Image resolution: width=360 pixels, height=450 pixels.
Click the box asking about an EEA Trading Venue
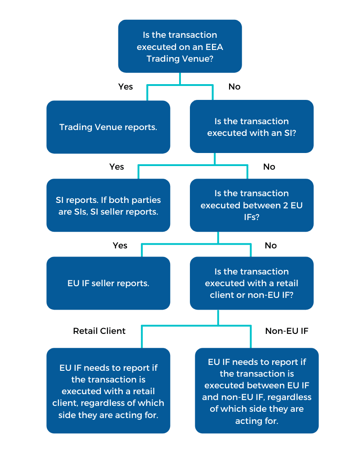[x=180, y=46]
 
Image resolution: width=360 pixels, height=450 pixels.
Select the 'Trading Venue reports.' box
[x=108, y=127]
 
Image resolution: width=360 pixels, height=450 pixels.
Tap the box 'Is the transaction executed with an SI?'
[x=252, y=127]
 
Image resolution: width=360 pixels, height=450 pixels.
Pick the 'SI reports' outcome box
[x=108, y=206]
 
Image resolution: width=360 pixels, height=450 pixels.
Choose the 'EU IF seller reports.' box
[x=108, y=283]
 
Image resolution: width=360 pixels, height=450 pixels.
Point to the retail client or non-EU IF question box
[x=252, y=283]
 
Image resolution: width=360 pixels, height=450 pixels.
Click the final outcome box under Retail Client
[x=108, y=391]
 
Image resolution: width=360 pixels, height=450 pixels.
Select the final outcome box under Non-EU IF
[x=256, y=391]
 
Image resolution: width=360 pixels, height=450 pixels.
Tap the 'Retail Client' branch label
[x=99, y=331]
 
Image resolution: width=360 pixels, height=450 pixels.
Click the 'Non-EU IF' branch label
[x=287, y=331]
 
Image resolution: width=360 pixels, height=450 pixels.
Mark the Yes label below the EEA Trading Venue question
[x=126, y=86]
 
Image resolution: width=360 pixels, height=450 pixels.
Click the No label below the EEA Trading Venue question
[x=234, y=86]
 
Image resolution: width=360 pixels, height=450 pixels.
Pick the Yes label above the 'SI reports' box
[x=117, y=166]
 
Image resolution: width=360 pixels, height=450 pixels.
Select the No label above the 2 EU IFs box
[x=269, y=166]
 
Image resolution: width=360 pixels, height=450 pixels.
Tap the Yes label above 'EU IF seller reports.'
[x=120, y=245]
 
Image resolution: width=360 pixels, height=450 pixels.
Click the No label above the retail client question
[x=271, y=245]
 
